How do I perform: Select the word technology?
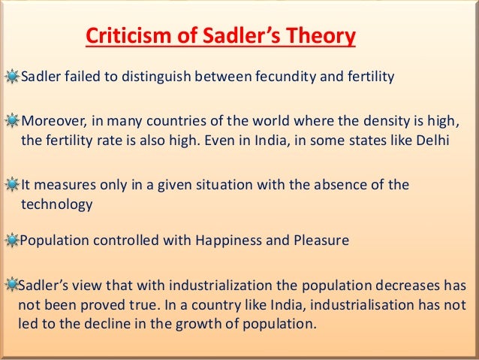[57, 204]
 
